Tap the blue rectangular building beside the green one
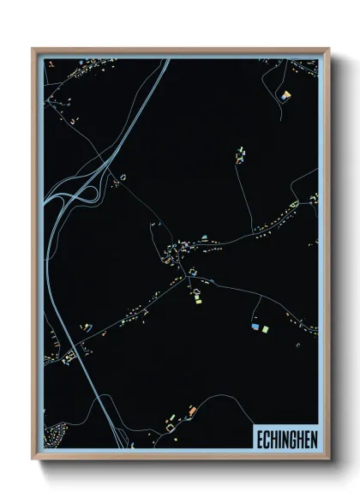255,327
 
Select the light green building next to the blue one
265,328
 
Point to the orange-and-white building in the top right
286,94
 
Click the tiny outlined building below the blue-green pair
260,340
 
